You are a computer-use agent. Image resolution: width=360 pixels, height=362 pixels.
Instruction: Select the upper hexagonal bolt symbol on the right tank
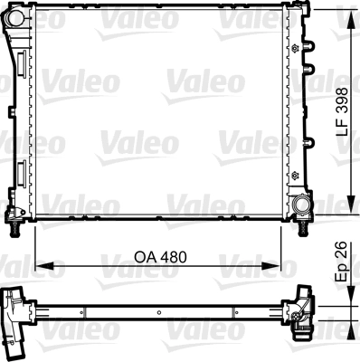295,44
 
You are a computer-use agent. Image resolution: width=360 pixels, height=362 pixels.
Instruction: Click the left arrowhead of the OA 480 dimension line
42,266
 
